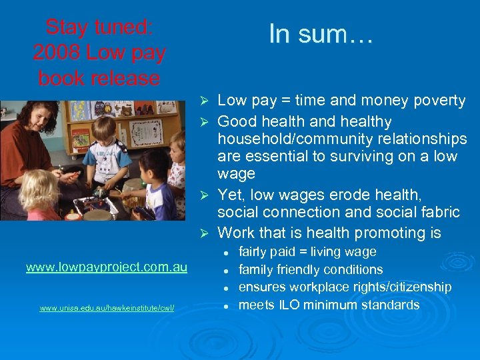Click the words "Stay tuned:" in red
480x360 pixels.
pyautogui.click(x=99, y=27)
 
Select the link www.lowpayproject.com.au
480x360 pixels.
pyautogui.click(x=107, y=267)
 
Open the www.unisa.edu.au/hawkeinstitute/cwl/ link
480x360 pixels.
pyautogui.click(x=107, y=308)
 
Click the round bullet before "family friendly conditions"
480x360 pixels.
pyautogui.click(x=227, y=270)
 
